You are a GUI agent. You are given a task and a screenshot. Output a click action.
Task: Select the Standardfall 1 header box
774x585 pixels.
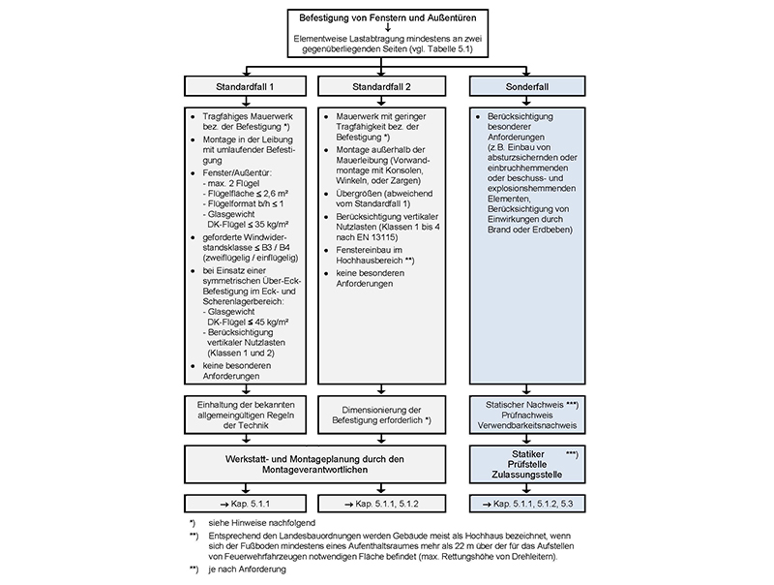pos(247,87)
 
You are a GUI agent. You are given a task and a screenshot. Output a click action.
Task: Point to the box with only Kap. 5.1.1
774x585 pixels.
pos(247,504)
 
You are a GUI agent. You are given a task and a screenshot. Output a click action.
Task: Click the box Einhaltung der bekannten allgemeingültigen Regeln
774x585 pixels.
pos(247,416)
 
